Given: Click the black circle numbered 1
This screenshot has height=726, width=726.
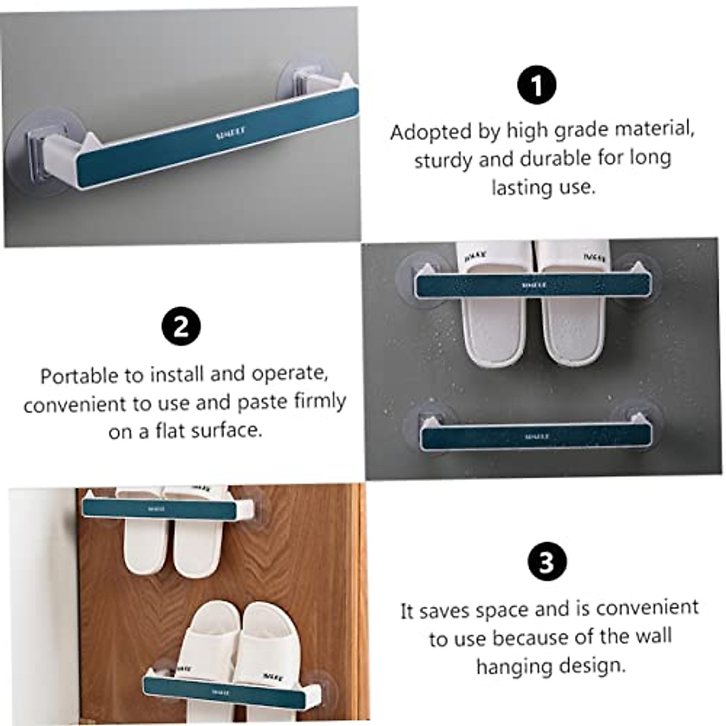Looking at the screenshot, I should (x=537, y=85).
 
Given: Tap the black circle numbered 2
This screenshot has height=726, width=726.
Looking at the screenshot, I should (x=181, y=327).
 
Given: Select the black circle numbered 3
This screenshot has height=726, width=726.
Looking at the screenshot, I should (x=547, y=562).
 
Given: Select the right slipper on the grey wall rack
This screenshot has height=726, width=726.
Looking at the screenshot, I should (x=572, y=321).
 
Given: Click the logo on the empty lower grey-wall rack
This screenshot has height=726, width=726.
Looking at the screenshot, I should (x=536, y=436).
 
